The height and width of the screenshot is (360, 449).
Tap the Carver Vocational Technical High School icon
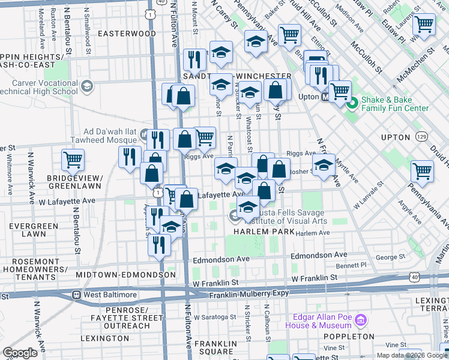87,86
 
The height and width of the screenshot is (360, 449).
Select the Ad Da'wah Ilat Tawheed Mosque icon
144,133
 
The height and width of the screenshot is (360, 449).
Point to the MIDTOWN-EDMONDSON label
126,274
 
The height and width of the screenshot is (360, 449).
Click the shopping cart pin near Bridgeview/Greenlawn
73,160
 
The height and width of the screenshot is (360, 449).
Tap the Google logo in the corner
20,352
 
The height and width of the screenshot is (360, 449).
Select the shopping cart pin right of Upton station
340,91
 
